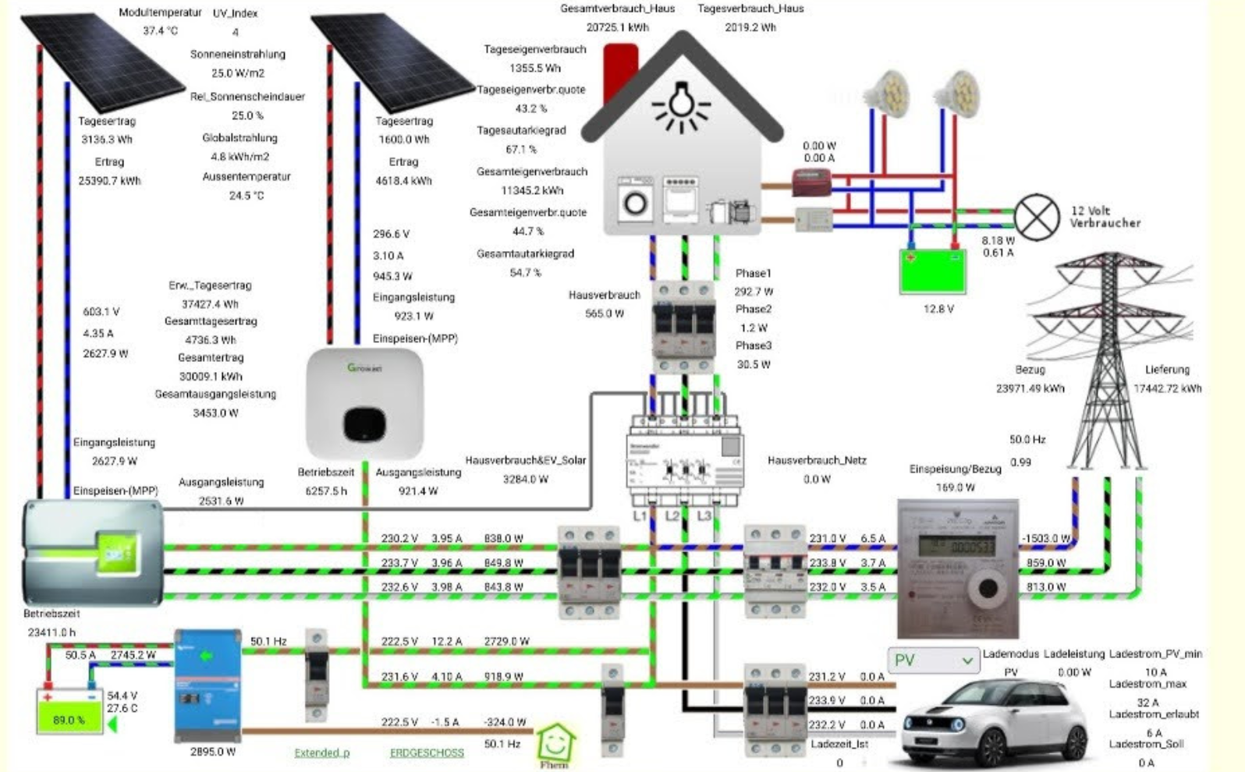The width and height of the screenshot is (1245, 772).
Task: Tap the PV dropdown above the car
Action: [x=933, y=660]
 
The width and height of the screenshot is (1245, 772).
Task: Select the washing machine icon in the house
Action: [x=635, y=202]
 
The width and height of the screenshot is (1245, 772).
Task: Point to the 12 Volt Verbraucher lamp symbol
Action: [x=1037, y=217]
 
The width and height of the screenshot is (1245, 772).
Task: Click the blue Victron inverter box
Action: [x=207, y=685]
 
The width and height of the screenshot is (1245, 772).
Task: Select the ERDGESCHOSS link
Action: [x=427, y=753]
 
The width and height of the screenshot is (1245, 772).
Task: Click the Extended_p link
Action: [x=321, y=753]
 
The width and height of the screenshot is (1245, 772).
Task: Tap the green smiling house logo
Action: [x=555, y=745]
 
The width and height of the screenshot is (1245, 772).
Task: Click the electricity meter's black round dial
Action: [x=988, y=590]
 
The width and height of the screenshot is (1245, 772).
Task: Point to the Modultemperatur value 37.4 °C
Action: [x=160, y=31]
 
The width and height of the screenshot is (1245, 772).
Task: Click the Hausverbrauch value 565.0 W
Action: [x=605, y=313]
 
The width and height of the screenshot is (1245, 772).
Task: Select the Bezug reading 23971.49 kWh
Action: [x=1030, y=388]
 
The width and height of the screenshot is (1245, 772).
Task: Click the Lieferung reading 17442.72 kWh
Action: [x=1167, y=388]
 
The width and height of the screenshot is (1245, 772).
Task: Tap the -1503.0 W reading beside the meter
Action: [x=1046, y=539]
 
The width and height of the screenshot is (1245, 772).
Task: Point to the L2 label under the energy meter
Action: [x=672, y=516]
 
